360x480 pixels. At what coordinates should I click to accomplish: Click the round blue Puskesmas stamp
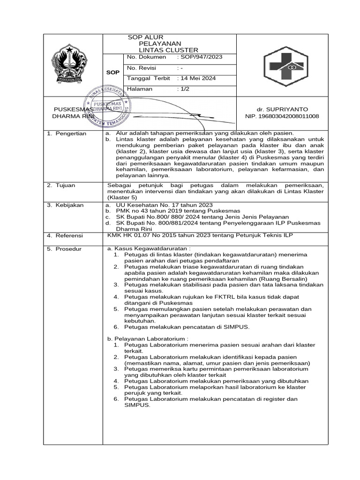[108, 108]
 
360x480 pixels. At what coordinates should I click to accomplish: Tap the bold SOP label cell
[112, 73]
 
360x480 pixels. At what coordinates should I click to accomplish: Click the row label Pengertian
[71, 134]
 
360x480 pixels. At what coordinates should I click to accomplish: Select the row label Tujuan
[67, 186]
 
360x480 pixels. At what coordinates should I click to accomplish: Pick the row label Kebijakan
[70, 205]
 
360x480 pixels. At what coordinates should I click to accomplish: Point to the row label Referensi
[70, 235]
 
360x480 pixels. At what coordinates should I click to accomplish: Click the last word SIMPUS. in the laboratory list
[137, 405]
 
